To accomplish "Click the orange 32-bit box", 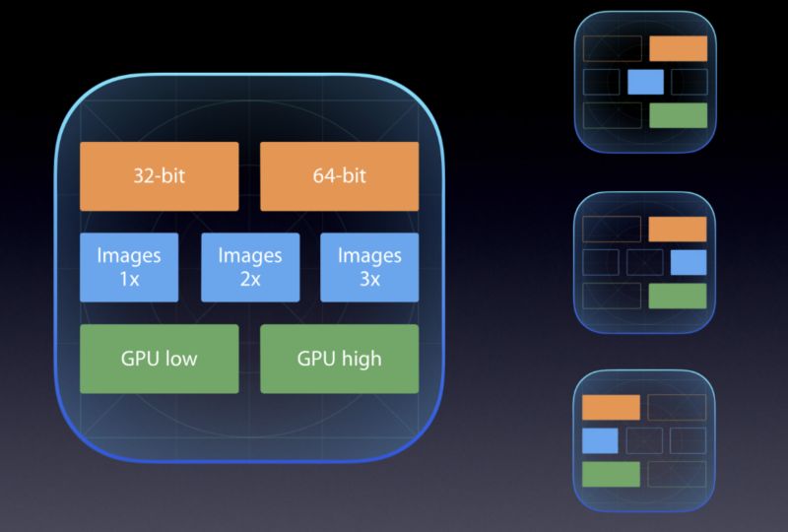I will (x=159, y=176).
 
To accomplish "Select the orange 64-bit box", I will (x=339, y=176).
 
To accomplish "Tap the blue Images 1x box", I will (x=129, y=267).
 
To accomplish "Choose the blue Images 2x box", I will (x=249, y=267).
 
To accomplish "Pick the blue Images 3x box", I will (x=369, y=267).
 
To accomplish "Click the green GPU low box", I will (x=159, y=359).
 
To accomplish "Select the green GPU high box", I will (x=339, y=359).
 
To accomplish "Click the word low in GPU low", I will (x=180, y=359).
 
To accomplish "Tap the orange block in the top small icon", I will (x=679, y=49).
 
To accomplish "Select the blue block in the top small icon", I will (x=647, y=81).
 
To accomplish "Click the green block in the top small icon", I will (x=679, y=115).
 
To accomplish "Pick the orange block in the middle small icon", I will (x=678, y=230).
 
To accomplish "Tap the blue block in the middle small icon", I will (x=689, y=262).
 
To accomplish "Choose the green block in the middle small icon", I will (x=678, y=296).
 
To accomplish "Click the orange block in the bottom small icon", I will (x=611, y=407).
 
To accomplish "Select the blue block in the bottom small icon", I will (x=600, y=440).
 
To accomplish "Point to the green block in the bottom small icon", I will (x=611, y=474).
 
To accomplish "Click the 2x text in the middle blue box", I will (x=249, y=279).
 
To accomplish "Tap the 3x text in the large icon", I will (x=369, y=279).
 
